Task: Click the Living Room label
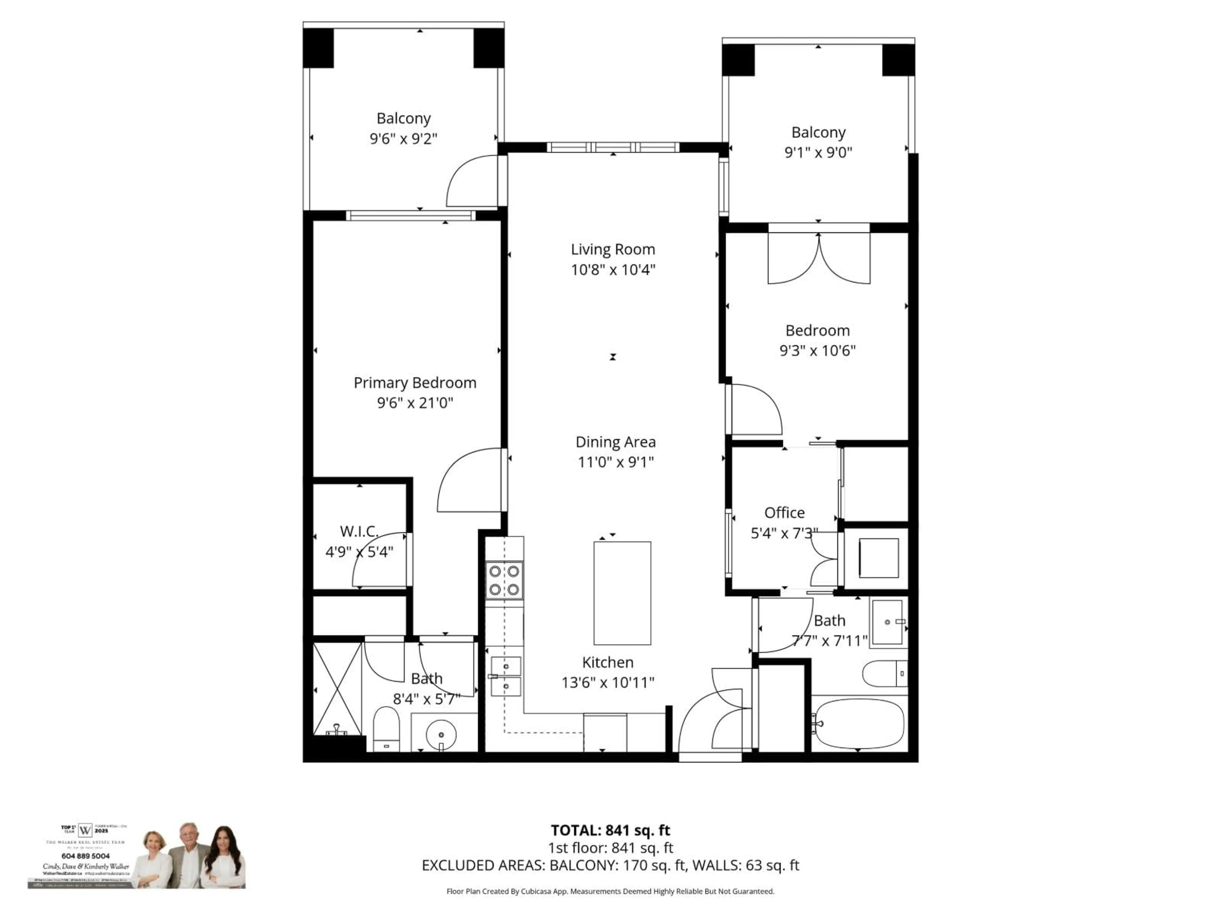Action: click(x=613, y=250)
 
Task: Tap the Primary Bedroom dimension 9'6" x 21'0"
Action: click(x=415, y=403)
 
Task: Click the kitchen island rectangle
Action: click(x=622, y=593)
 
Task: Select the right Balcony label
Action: click(x=818, y=133)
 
